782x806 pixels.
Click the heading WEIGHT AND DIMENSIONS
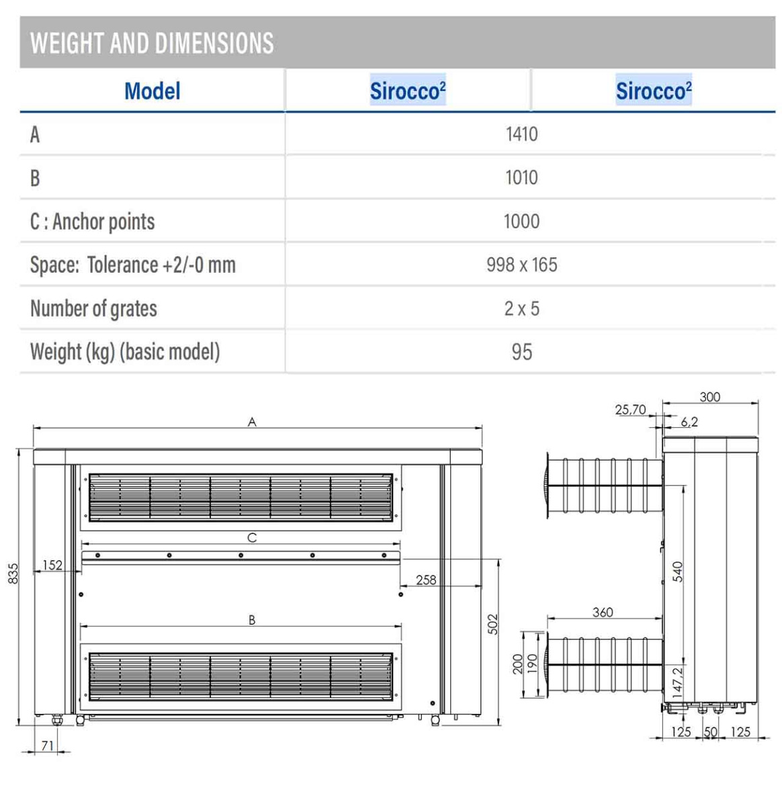(x=152, y=44)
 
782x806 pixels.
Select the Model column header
(x=153, y=91)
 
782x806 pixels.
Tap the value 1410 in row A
(x=521, y=134)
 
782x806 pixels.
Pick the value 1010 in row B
(x=521, y=178)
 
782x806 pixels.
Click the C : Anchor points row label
(x=92, y=222)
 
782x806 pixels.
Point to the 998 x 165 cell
(x=521, y=265)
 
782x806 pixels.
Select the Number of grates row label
(x=93, y=308)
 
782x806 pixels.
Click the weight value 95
(x=521, y=352)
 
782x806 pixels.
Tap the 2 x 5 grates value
(x=521, y=308)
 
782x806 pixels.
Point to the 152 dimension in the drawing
(x=52, y=565)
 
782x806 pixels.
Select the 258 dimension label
(x=426, y=580)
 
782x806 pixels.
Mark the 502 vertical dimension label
(x=493, y=624)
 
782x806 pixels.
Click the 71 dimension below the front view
(x=48, y=746)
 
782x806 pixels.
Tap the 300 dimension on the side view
(x=709, y=397)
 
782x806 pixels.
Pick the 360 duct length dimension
(x=603, y=612)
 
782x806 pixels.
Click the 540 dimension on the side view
(x=678, y=572)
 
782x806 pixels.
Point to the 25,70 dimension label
(x=630, y=410)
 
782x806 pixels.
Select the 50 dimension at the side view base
(x=710, y=732)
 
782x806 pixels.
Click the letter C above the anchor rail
(x=252, y=537)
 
